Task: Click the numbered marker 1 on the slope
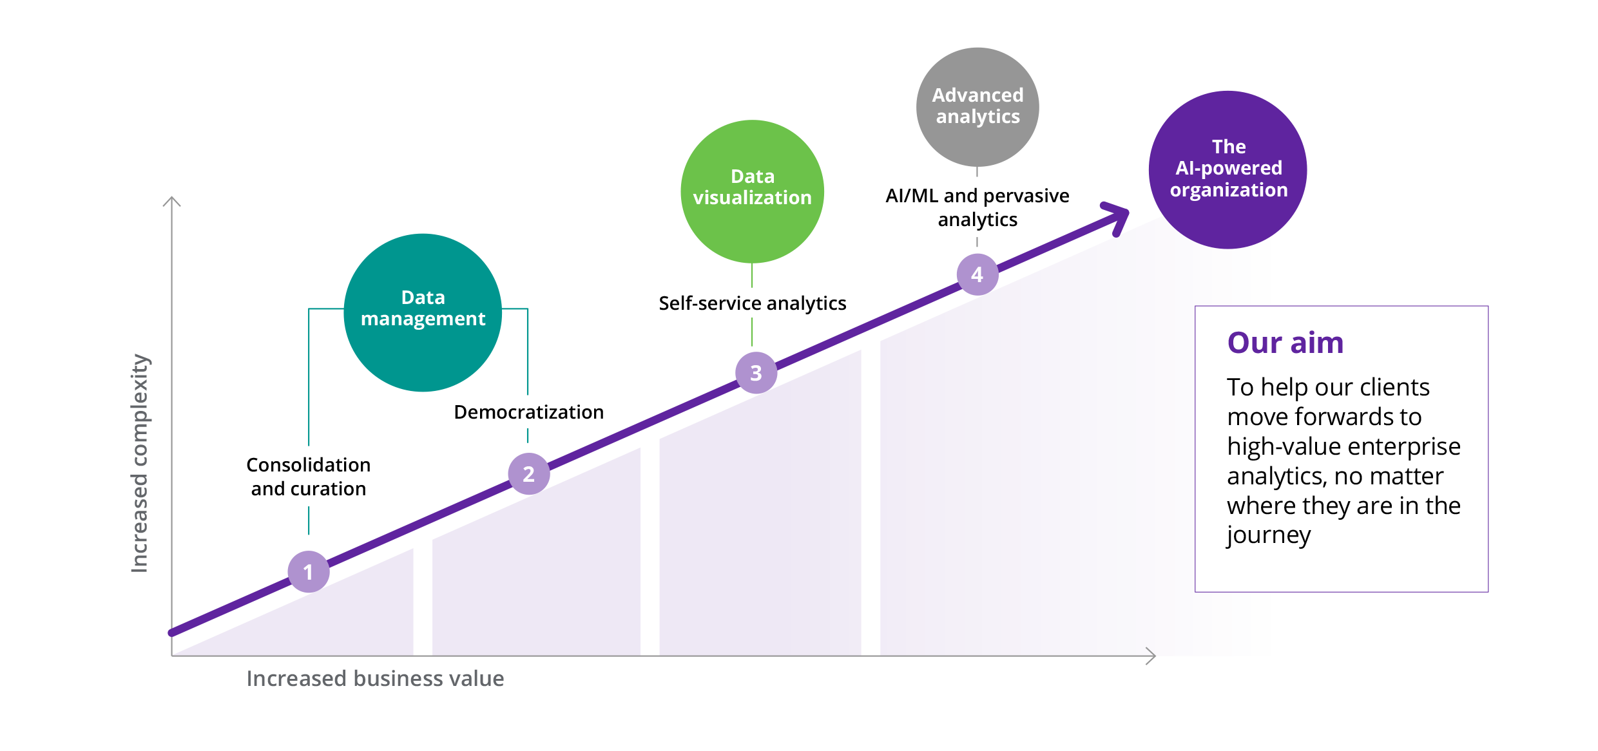(309, 572)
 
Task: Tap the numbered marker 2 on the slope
(529, 474)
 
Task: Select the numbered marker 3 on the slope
(756, 373)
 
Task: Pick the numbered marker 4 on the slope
(977, 275)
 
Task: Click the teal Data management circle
(423, 312)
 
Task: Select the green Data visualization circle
(752, 191)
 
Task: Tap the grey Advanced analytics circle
(977, 107)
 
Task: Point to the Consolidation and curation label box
(309, 477)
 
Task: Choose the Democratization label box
(529, 412)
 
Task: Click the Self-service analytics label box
(752, 303)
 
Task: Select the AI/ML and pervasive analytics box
(977, 207)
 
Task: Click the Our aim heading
(1285, 343)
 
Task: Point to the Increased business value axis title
(375, 678)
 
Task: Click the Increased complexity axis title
(140, 464)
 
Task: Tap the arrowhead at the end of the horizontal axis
(1151, 656)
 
